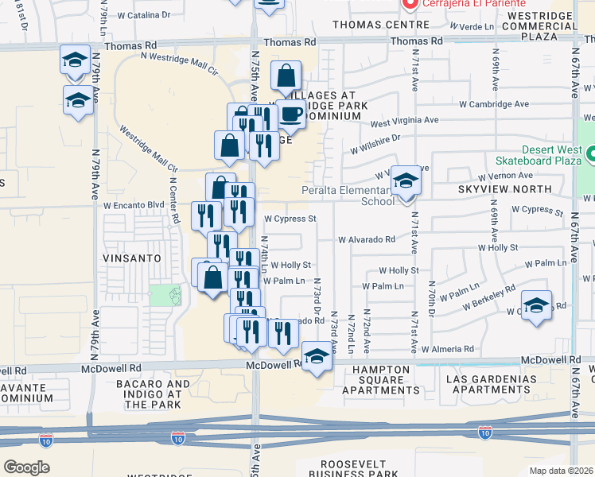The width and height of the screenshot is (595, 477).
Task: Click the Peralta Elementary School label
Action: point(348,196)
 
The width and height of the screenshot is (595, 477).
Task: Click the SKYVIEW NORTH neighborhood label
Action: point(504,189)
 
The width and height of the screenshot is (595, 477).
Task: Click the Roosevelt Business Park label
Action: point(359,468)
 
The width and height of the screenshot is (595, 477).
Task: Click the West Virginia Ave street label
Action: point(404,121)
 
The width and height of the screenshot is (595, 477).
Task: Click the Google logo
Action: point(26,467)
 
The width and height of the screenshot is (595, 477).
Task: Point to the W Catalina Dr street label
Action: point(143,15)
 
